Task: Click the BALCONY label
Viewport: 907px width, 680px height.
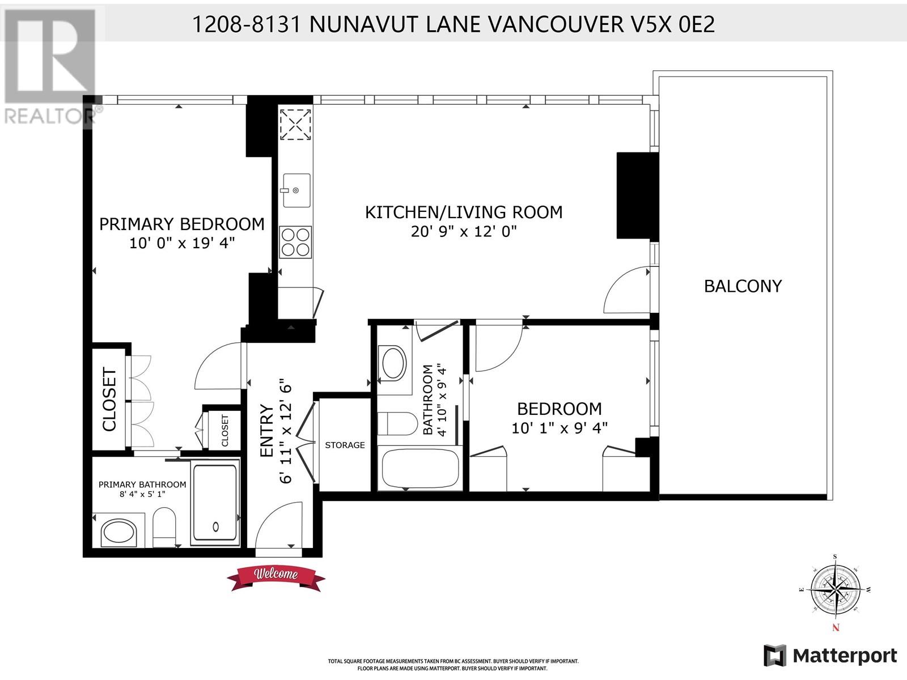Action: click(743, 286)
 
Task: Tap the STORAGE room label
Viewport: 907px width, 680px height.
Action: click(345, 445)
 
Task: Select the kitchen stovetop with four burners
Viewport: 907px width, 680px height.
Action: click(295, 242)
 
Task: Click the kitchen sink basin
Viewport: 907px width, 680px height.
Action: click(296, 190)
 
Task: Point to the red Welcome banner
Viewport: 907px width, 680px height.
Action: click(276, 577)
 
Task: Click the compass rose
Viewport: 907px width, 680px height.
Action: click(836, 589)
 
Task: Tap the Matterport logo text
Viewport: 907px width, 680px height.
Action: click(845, 656)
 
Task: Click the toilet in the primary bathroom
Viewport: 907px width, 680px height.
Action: click(164, 528)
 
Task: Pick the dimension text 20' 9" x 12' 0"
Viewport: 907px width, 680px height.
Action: click(464, 231)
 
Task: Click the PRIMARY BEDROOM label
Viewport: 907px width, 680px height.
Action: click(182, 224)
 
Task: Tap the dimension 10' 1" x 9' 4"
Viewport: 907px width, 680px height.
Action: click(560, 428)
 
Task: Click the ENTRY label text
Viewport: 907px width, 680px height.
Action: click(267, 431)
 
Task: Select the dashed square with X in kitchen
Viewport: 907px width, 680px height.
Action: click(295, 124)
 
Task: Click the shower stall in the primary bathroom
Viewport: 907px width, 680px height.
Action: click(215, 502)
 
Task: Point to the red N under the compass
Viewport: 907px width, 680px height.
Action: click(836, 628)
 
